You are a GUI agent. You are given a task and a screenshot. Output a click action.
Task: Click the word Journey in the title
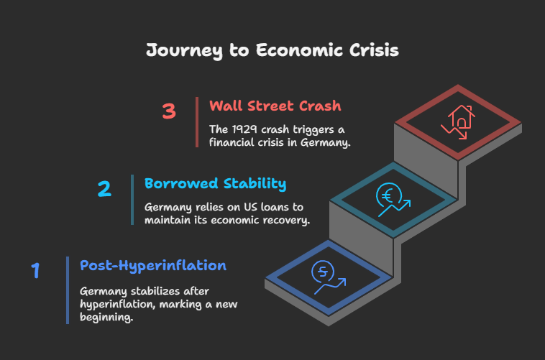pos(184,51)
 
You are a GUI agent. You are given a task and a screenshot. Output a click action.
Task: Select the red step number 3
pos(169,111)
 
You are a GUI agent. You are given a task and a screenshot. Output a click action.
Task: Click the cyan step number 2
pos(104,189)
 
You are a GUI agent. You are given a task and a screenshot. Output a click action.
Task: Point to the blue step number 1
pos(35,270)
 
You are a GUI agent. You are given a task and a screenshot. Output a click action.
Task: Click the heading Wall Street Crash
pos(275,106)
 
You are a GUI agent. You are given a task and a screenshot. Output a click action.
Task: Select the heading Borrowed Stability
pos(215,184)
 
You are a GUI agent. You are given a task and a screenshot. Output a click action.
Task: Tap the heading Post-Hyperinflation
pos(153,266)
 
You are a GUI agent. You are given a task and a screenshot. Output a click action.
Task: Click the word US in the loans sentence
pos(250,207)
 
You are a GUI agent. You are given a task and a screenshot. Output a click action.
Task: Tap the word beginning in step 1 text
pos(106,318)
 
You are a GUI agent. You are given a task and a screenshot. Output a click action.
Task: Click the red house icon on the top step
pos(461,117)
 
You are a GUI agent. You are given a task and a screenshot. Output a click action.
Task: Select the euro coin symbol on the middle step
pos(389,195)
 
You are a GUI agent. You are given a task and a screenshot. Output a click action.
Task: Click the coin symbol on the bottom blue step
pos(323,272)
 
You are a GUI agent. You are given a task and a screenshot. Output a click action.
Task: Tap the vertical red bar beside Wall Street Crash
pos(197,122)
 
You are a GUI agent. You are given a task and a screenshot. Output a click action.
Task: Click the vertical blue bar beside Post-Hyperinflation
pos(68,290)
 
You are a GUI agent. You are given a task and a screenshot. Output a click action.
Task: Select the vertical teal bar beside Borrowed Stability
pos(132,200)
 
